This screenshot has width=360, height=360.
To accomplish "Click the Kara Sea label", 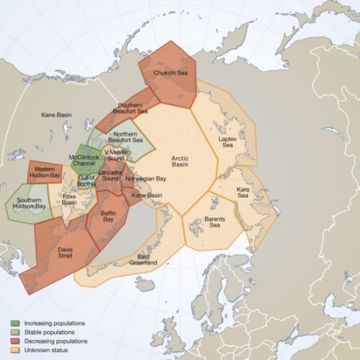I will (243, 193).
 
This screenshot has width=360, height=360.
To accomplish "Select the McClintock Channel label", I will (84, 159).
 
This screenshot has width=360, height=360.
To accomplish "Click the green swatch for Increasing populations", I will (14, 322).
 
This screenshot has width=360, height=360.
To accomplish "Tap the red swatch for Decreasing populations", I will (14, 340).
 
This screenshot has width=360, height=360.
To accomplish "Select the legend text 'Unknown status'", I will (45, 348).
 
